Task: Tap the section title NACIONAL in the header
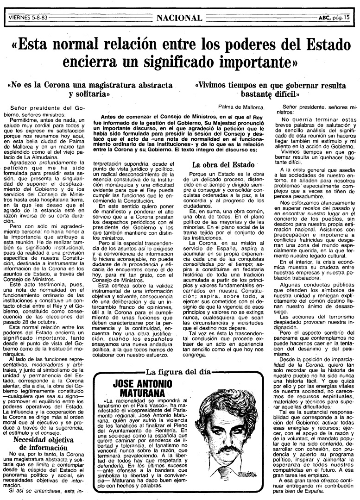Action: pyautogui.click(x=179, y=18)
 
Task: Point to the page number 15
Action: pyautogui.click(x=347, y=18)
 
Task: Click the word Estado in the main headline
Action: pyautogui.click(x=322, y=45)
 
